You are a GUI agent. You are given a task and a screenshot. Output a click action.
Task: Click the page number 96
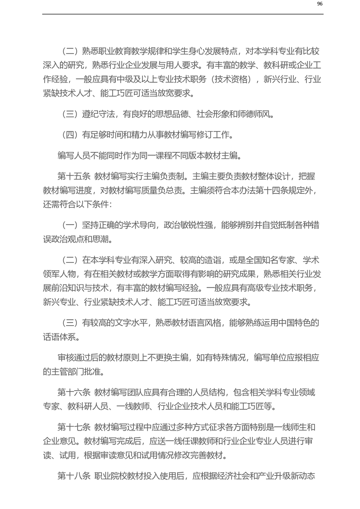pyautogui.click(x=320, y=4)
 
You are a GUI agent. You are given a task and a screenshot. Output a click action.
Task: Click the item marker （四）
pyautogui.click(x=69, y=135)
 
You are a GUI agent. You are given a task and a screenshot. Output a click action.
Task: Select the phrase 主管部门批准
pyautogui.click(x=73, y=372)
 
